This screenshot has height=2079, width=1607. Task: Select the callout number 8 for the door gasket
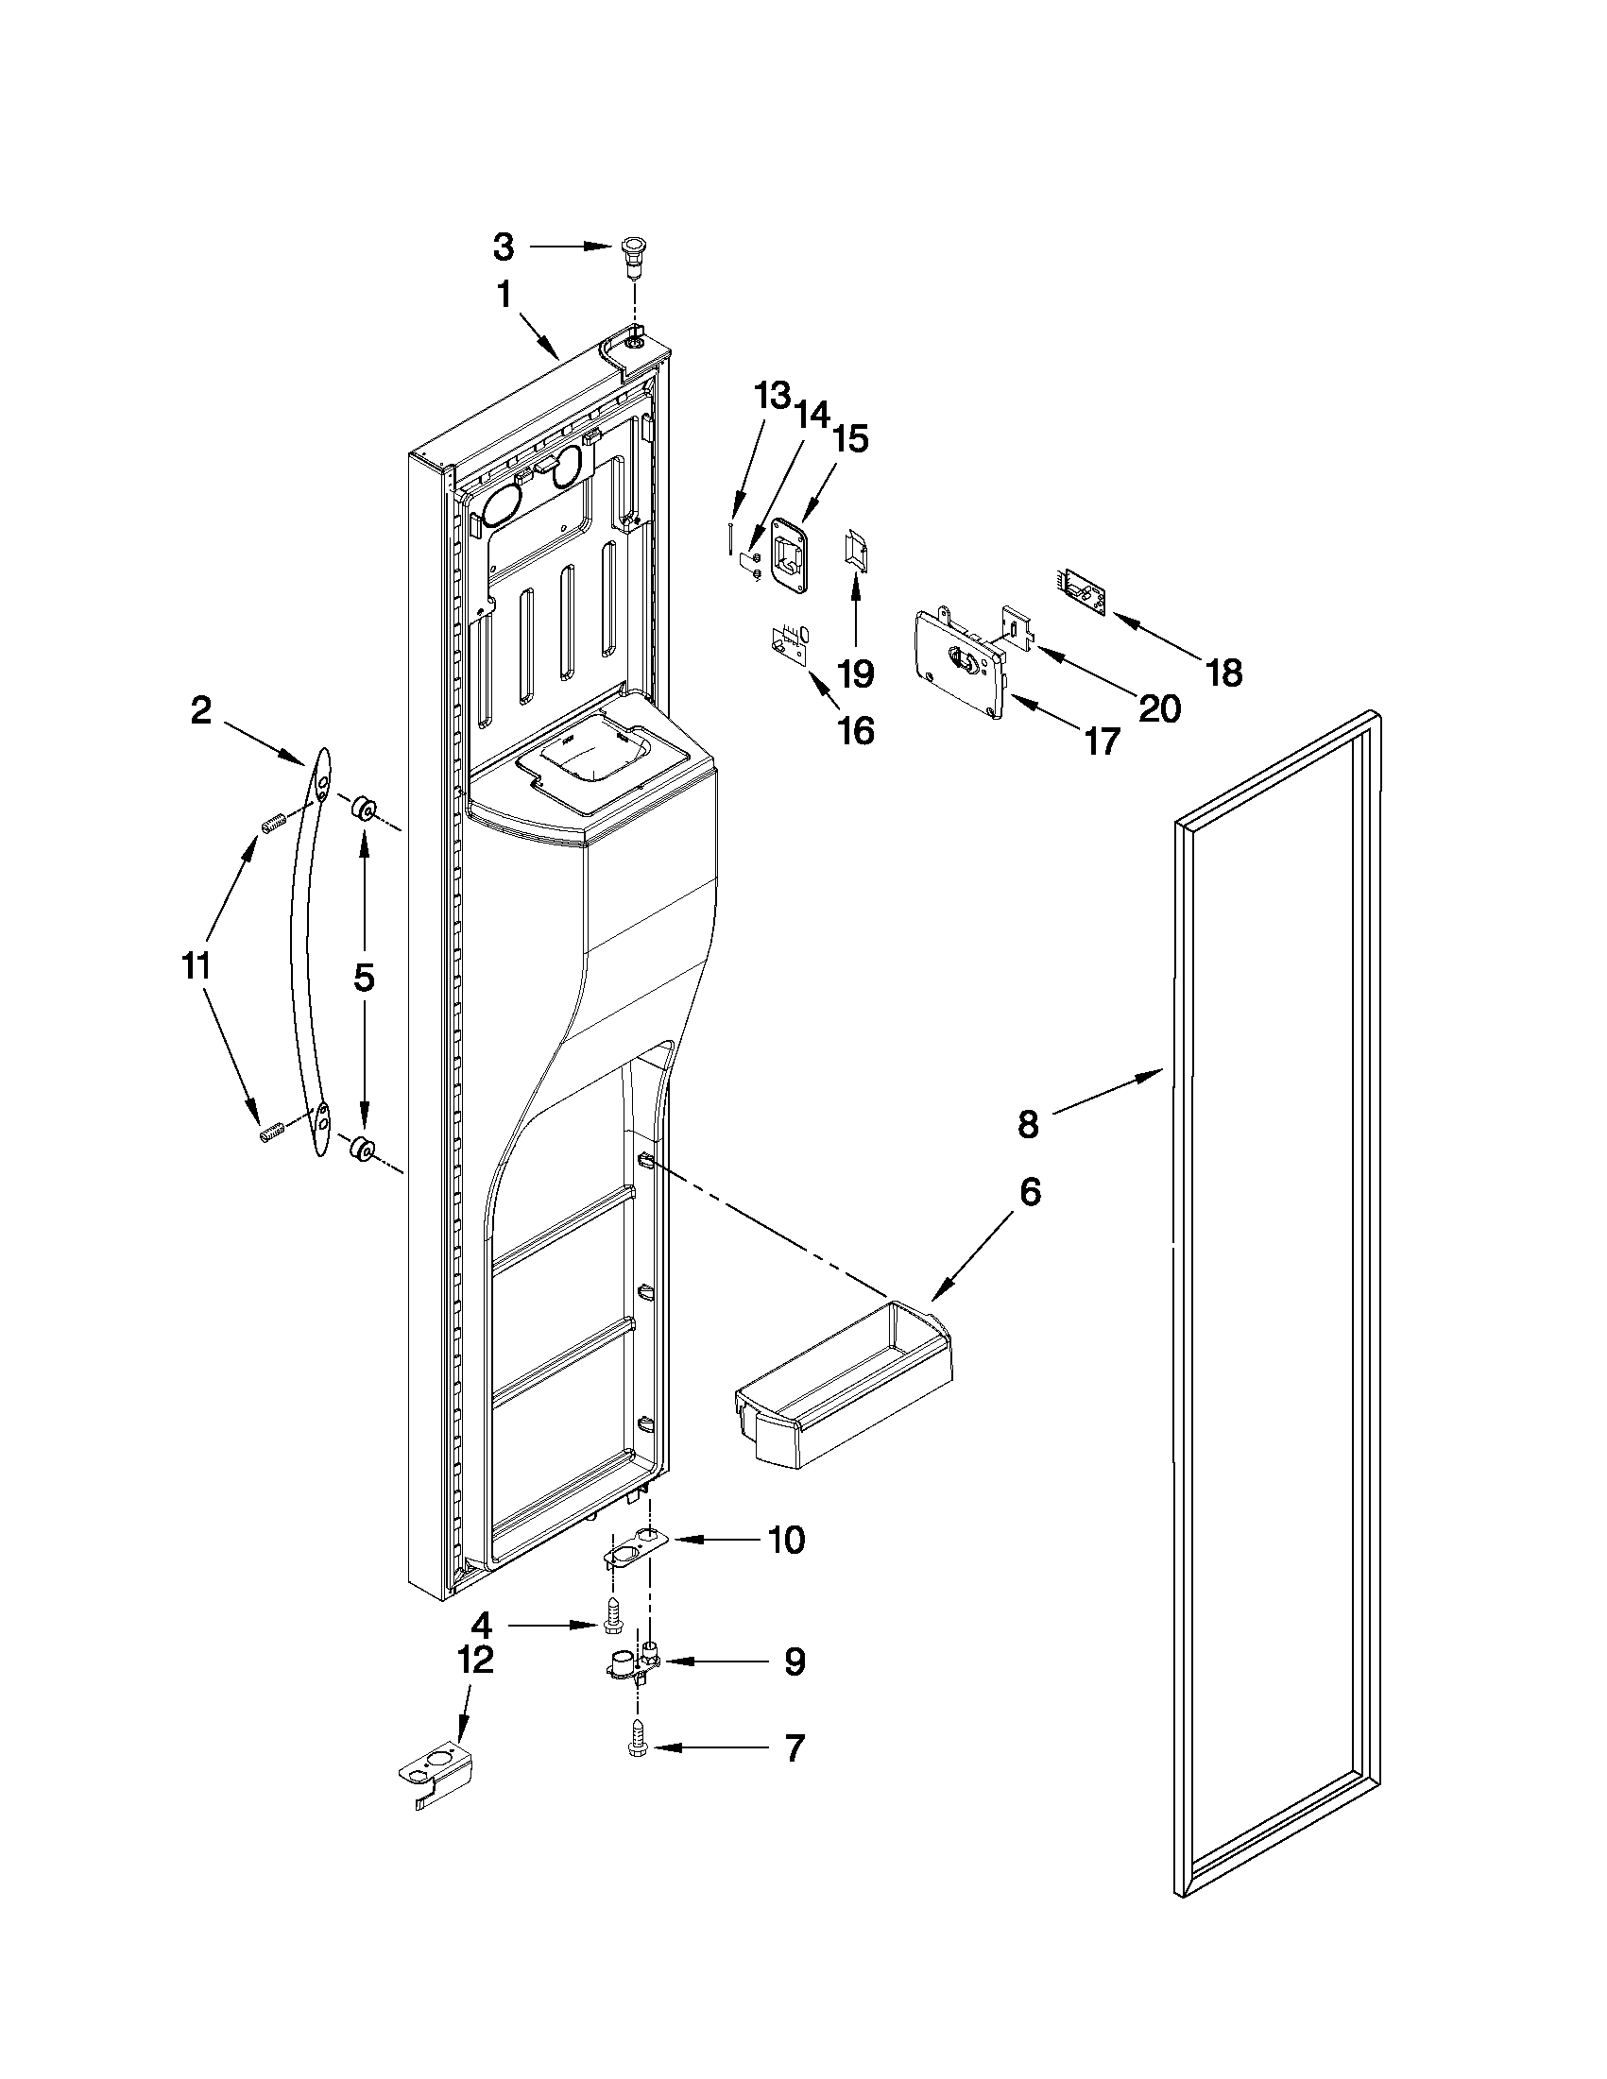(1027, 1125)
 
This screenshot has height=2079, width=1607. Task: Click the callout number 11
(196, 966)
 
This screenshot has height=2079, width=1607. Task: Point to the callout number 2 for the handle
(201, 711)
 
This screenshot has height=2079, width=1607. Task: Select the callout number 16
(856, 731)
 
